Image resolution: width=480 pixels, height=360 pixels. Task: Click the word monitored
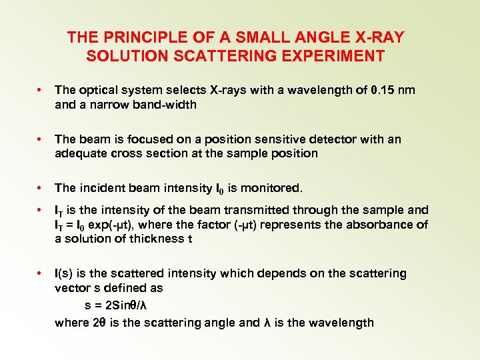(x=269, y=188)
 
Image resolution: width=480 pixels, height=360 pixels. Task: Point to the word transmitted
(x=264, y=210)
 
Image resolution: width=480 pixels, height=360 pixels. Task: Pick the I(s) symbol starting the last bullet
(x=66, y=273)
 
